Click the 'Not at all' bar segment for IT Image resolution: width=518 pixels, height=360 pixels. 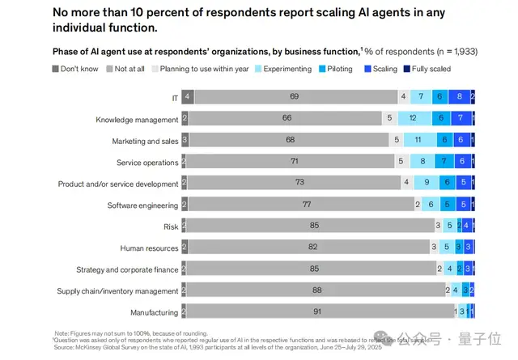pos(295,96)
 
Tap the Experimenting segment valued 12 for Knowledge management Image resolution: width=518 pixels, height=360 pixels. pos(413,118)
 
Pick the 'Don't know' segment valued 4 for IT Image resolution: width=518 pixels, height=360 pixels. pos(187,96)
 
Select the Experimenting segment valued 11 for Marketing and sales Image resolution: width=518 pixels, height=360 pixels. pos(417,139)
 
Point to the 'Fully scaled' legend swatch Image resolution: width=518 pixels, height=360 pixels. pos(408,69)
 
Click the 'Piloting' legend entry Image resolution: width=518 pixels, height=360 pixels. pos(339,69)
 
